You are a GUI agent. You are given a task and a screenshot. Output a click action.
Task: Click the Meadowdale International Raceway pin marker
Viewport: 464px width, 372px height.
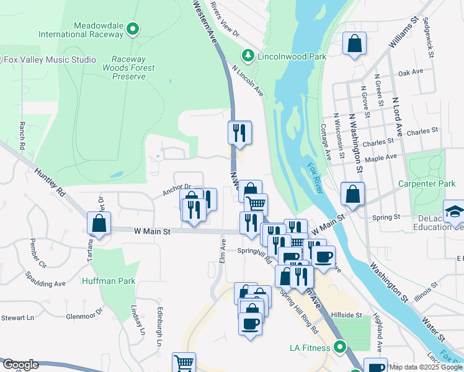click(132, 28)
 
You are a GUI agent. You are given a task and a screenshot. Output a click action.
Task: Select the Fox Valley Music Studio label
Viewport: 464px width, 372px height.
click(50, 60)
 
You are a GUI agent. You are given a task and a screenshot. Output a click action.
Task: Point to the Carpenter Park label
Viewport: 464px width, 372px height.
click(427, 184)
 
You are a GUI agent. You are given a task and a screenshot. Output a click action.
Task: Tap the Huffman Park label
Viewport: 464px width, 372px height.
click(109, 281)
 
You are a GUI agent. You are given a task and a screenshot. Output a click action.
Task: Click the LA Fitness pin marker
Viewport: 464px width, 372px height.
click(339, 347)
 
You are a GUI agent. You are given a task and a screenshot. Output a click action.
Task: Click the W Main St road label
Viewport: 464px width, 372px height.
click(152, 231)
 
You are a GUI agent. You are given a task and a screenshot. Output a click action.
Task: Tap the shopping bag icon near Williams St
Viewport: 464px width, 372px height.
click(354, 44)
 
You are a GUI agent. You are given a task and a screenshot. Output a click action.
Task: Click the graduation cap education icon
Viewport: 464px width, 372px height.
click(454, 212)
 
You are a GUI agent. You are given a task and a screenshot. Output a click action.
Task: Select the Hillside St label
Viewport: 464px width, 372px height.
click(346, 315)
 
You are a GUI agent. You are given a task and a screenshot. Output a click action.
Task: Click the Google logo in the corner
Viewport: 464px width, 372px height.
click(20, 365)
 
